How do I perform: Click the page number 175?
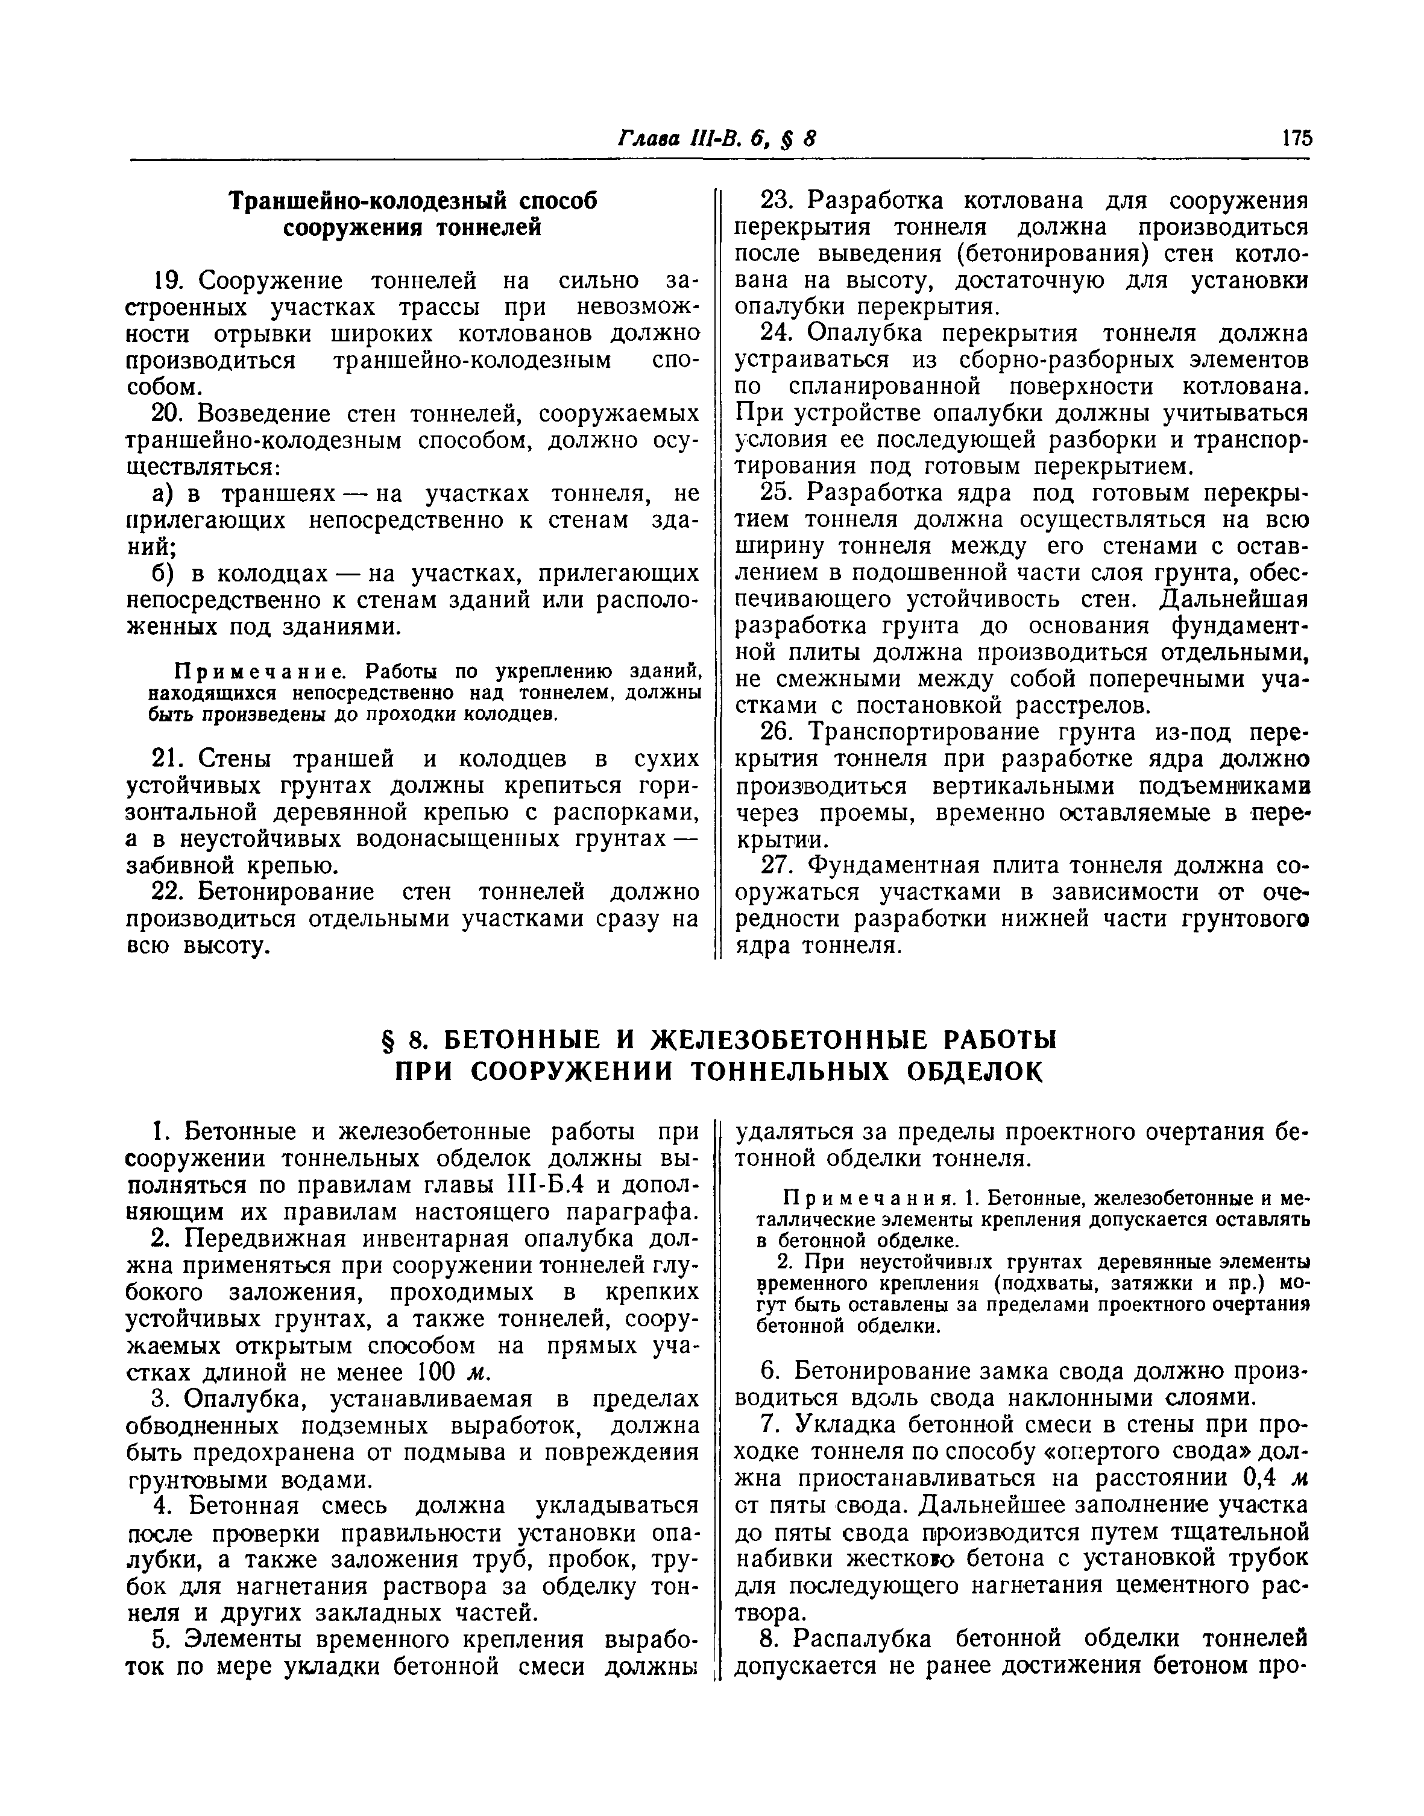tap(1297, 138)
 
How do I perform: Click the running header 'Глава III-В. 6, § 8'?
tap(716, 138)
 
